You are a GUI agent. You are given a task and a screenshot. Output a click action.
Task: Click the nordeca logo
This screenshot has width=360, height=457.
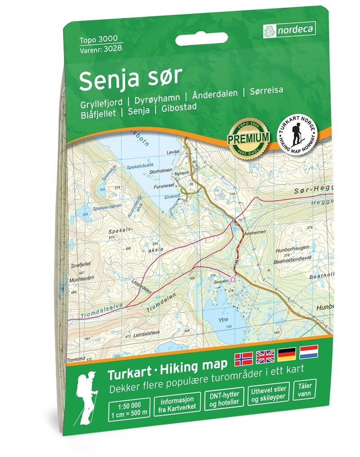click(x=289, y=30)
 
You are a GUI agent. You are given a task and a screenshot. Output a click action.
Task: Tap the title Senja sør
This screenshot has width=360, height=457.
click(x=130, y=77)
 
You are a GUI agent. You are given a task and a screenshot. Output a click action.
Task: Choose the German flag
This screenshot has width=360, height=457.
click(x=287, y=354)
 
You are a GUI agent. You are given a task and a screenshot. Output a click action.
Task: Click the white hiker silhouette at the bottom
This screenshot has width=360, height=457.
click(x=87, y=395)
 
